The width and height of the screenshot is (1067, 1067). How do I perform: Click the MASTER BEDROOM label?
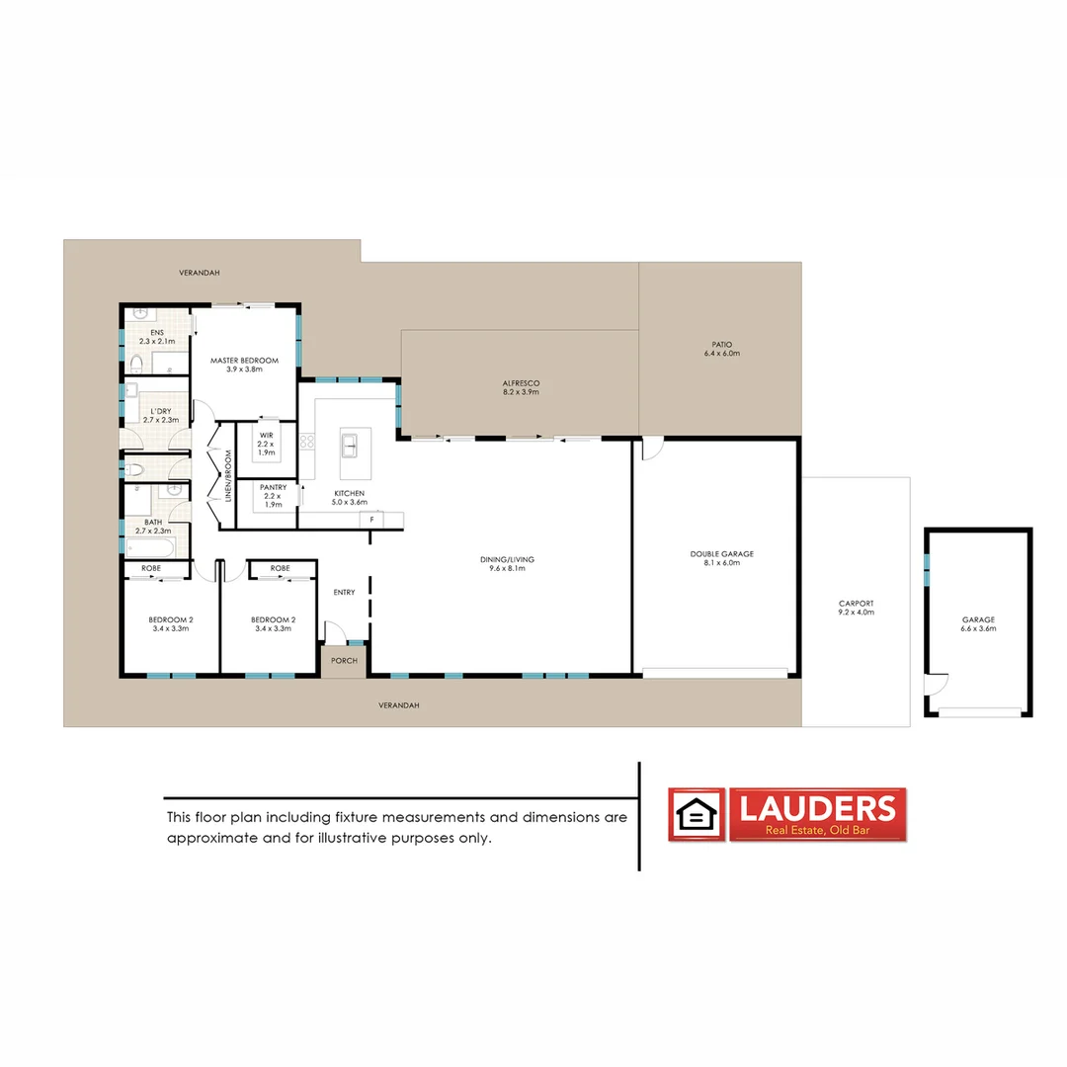(244, 361)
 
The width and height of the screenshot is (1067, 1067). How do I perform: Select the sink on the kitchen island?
(349, 446)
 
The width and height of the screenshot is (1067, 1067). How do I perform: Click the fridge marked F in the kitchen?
(372, 519)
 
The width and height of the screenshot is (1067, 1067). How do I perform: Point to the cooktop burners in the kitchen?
(307, 447)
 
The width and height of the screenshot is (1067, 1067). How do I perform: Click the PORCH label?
(344, 661)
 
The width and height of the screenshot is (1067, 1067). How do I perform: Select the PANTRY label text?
(273, 487)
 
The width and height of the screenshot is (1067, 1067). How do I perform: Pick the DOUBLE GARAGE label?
(721, 554)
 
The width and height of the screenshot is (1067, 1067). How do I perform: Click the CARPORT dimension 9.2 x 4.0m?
(856, 613)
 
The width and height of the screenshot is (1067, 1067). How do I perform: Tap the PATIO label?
(721, 344)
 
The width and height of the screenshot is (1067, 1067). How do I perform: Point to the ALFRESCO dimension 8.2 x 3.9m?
(521, 392)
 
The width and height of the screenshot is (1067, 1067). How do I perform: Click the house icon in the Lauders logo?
(698, 815)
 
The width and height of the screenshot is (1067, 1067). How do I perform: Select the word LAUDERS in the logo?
(818, 808)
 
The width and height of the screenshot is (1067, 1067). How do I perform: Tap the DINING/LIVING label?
(512, 559)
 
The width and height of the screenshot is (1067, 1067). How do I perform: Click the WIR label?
(266, 435)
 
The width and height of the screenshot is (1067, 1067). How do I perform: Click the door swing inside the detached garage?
(935, 685)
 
